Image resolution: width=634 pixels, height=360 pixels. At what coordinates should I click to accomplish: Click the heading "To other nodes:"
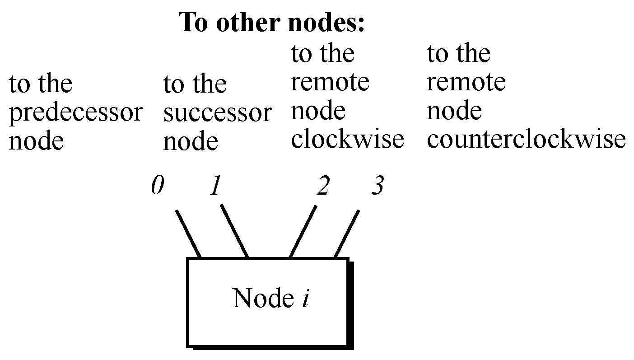[272, 22]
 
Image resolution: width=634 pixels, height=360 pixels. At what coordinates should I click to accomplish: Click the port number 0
[157, 186]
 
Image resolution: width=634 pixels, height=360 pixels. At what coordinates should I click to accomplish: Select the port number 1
[215, 186]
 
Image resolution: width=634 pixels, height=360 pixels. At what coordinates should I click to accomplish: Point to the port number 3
[377, 186]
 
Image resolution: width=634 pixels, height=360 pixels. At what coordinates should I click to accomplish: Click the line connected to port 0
[188, 234]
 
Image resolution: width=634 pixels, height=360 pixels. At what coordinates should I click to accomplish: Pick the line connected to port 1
[234, 231]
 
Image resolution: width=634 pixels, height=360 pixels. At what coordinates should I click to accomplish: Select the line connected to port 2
[303, 233]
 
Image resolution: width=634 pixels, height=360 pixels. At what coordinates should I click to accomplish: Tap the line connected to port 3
[346, 234]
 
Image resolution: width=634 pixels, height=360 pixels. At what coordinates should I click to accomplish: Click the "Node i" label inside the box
[270, 299]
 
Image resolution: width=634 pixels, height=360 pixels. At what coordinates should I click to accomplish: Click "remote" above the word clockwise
[330, 82]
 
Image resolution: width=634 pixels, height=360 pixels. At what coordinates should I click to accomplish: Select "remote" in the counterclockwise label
[466, 82]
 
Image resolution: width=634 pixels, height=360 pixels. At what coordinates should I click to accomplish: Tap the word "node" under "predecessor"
[36, 141]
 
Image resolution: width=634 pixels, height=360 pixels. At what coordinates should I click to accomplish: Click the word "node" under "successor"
[190, 142]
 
